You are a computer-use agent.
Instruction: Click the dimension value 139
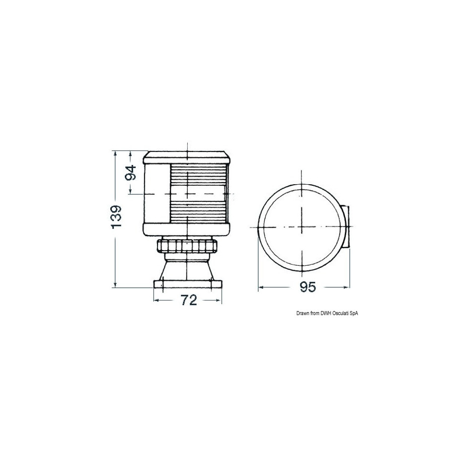click(x=116, y=217)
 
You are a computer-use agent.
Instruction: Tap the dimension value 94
click(x=131, y=173)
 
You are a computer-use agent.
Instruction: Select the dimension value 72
click(x=189, y=300)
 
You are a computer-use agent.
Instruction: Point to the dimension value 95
click(x=308, y=287)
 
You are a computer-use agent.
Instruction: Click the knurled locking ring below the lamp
click(x=188, y=246)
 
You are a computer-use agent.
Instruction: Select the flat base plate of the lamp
click(x=188, y=284)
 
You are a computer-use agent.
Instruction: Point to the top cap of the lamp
click(x=188, y=158)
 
